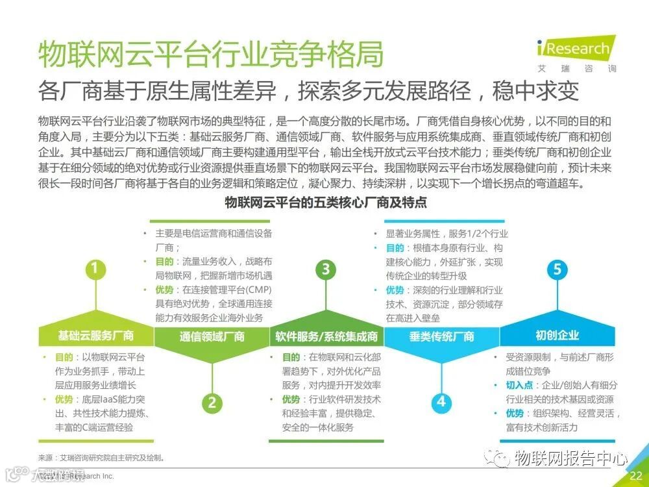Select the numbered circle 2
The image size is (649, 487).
tap(212, 402)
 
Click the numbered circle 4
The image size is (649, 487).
tap(441, 402)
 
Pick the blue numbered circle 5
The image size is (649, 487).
tap(557, 269)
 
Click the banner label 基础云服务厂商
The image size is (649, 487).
tap(95, 336)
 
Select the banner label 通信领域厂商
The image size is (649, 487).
tap(212, 336)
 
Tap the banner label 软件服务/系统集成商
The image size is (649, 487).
tap(326, 336)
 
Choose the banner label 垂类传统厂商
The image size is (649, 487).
tap(441, 336)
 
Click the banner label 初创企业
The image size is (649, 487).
tap(557, 336)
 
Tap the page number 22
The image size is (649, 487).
tap(635, 476)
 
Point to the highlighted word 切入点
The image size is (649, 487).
tap(519, 386)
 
